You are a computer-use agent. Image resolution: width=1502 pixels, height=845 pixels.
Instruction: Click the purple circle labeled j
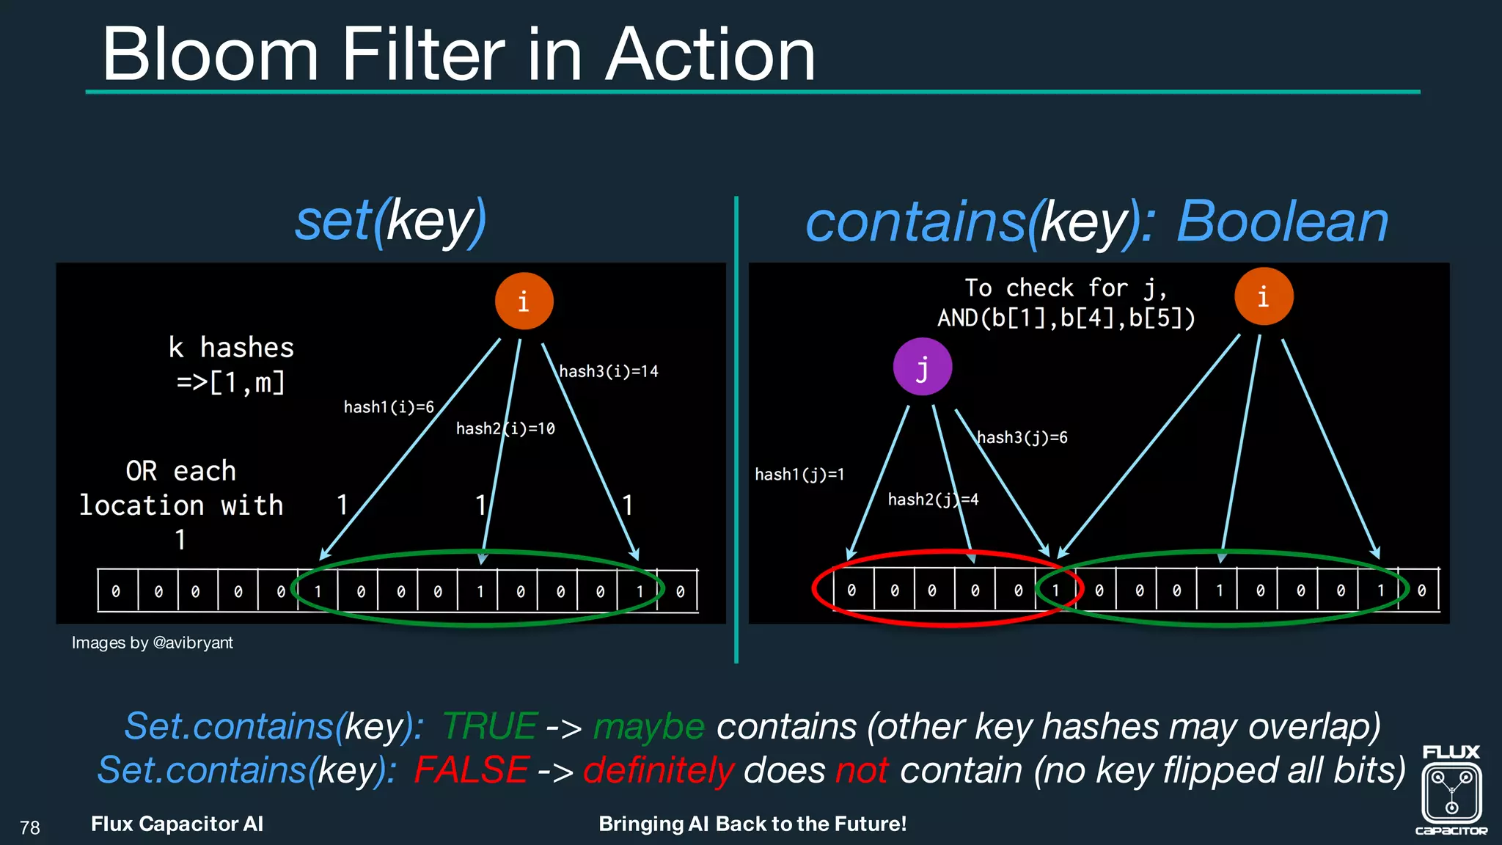tap(922, 367)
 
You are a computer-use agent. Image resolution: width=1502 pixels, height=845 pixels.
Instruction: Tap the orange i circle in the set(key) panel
tap(524, 301)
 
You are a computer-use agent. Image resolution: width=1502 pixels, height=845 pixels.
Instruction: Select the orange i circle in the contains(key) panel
tap(1263, 296)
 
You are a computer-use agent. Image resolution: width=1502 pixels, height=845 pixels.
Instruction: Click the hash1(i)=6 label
tap(389, 407)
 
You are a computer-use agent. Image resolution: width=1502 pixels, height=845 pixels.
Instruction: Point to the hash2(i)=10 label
tap(505, 428)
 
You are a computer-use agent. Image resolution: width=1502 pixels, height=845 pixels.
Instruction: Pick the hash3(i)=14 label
tap(609, 371)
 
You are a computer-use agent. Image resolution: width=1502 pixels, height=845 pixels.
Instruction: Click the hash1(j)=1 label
tap(799, 475)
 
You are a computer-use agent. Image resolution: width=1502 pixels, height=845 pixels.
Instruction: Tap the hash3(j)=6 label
tap(1022, 438)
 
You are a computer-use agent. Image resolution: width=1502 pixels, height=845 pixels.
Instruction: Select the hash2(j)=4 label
tap(933, 500)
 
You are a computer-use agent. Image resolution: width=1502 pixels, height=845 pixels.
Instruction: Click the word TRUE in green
tap(490, 726)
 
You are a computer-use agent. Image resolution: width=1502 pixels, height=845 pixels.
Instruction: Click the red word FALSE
tap(471, 770)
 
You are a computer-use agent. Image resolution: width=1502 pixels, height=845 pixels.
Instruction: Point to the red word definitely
tap(658, 770)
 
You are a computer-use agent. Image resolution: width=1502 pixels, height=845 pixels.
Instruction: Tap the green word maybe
tap(649, 726)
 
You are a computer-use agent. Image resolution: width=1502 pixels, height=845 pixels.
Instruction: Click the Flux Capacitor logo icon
tap(1451, 792)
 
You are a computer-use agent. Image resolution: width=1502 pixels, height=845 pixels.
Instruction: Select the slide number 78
tap(30, 827)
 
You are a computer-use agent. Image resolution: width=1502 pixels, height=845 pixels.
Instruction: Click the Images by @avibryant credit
tap(152, 643)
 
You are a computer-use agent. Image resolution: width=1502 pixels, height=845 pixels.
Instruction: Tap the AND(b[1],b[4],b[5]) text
tap(1066, 318)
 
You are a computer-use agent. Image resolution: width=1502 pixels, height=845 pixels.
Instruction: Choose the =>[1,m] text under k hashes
tap(230, 382)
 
